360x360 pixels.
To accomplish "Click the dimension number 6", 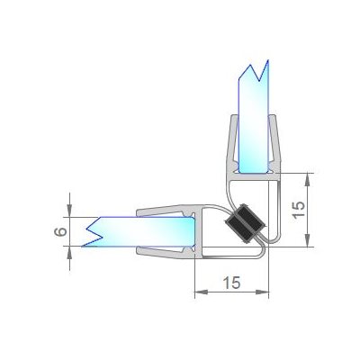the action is pyautogui.click(x=60, y=232).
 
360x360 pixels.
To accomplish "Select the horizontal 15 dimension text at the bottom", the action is pyautogui.click(x=231, y=283).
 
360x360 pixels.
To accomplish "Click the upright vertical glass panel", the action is pyautogui.click(x=254, y=120).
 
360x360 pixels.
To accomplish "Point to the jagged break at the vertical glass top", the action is pyautogui.click(x=255, y=71).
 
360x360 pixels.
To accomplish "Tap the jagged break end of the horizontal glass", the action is pyautogui.click(x=93, y=231).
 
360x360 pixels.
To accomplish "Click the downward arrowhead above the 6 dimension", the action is pyautogui.click(x=69, y=210).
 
